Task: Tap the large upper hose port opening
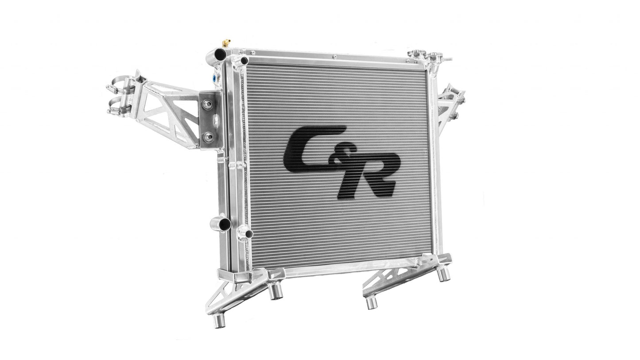(220, 54)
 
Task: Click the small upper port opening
(244, 61)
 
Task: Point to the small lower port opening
(249, 234)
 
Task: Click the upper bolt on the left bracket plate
(207, 105)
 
